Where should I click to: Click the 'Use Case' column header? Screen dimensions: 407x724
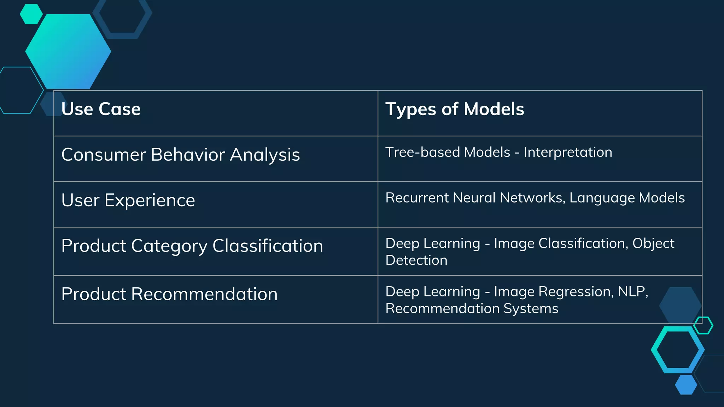click(101, 109)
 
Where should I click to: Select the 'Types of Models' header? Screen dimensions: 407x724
click(455, 109)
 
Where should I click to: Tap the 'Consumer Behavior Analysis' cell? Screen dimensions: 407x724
click(180, 155)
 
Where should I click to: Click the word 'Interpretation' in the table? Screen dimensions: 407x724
click(568, 152)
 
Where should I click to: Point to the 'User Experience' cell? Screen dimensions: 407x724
click(128, 200)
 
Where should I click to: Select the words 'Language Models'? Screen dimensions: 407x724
click(627, 198)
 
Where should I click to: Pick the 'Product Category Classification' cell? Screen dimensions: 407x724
click(192, 246)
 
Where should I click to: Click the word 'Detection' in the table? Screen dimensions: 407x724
click(416, 260)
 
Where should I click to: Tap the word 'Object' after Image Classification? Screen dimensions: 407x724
click(653, 243)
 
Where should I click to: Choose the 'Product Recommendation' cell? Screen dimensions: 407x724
click(169, 294)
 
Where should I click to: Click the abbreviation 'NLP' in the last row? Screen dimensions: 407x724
click(632, 292)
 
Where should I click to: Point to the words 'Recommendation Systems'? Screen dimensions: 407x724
click(472, 309)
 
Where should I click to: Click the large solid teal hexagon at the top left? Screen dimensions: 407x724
click(68, 52)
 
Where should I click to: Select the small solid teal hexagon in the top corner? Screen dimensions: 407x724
click(31, 14)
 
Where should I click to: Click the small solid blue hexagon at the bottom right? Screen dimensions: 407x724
click(686, 385)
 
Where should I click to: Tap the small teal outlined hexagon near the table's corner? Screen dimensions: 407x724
click(703, 325)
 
